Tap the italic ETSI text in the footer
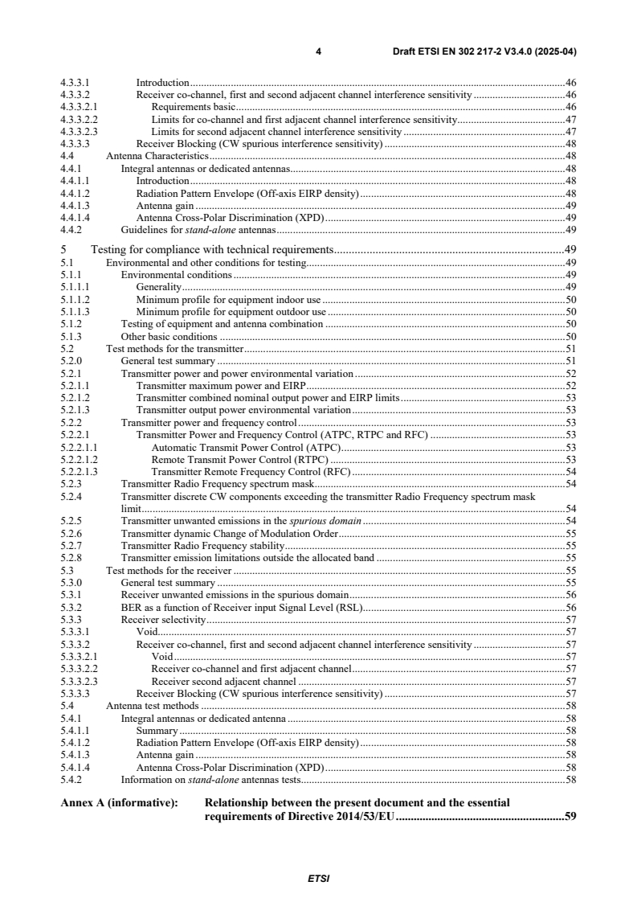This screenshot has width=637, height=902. pos(318,879)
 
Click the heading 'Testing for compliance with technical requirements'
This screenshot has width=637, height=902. pos(212,248)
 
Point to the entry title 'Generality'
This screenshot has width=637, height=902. pos(159,286)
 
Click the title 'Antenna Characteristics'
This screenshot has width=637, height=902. pos(157,155)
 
